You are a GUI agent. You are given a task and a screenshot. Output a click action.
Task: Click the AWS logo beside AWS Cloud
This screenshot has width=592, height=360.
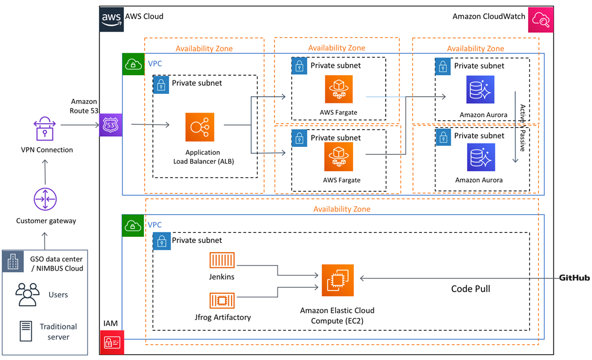click(x=111, y=18)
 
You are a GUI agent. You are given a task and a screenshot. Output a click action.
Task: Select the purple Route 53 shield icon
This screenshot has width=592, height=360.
click(x=109, y=125)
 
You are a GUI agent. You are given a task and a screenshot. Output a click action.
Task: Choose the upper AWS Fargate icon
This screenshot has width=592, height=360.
click(x=338, y=89)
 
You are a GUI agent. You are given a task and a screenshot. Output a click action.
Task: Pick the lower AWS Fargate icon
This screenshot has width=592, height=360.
click(x=338, y=157)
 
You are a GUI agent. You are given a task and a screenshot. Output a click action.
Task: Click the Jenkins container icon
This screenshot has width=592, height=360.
click(x=222, y=259)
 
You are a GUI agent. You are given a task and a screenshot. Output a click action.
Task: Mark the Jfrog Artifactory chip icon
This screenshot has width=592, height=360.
click(x=222, y=300)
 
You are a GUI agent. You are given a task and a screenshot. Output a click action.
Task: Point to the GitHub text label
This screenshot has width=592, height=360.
click(x=574, y=278)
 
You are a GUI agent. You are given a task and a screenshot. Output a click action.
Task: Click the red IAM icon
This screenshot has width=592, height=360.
click(x=111, y=341)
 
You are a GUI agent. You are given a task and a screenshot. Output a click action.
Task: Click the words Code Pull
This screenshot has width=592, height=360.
click(x=470, y=289)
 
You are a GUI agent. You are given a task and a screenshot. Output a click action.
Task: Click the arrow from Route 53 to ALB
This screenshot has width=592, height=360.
click(x=150, y=125)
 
